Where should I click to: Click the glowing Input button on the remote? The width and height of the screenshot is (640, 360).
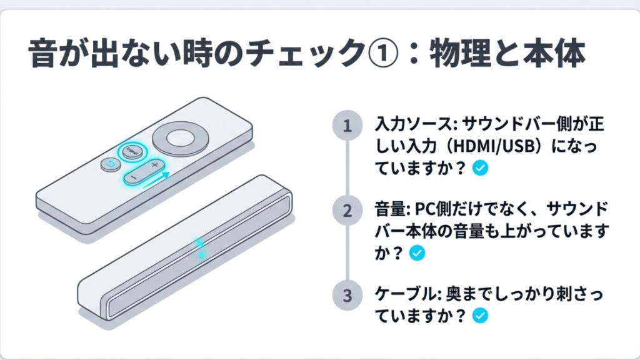(132, 151)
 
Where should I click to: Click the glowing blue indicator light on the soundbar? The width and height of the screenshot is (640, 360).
(200, 247)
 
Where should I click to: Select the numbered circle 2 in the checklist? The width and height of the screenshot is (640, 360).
(347, 211)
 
